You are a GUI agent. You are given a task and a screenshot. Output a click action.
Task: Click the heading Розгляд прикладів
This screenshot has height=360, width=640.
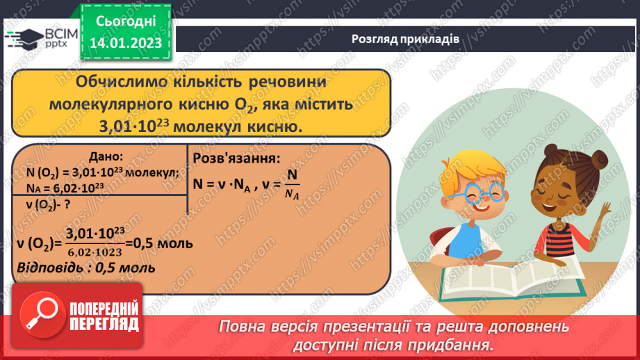(x=405, y=39)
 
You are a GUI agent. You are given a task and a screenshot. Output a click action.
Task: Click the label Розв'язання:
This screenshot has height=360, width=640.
(x=236, y=158)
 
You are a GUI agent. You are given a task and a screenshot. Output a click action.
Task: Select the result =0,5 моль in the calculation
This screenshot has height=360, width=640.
(x=161, y=244)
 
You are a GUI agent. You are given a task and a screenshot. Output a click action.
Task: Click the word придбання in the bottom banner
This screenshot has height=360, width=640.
(x=459, y=345)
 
